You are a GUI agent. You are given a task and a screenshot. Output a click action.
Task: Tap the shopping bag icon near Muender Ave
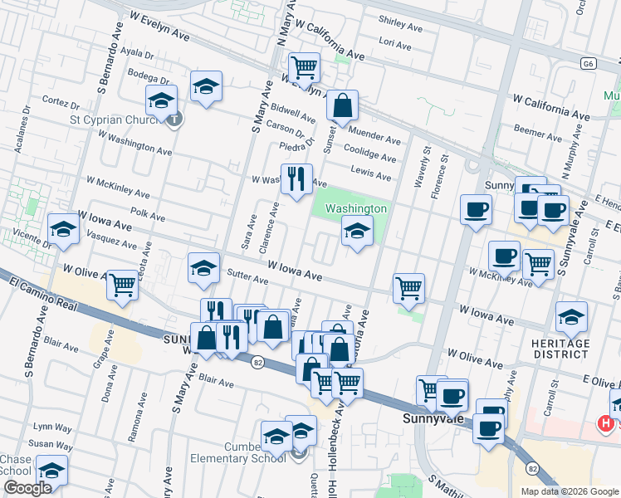[342, 105]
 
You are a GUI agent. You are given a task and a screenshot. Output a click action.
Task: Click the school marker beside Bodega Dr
[206, 86]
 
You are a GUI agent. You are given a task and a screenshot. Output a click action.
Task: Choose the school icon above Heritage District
[571, 317]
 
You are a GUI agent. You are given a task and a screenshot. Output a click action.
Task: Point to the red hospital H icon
[607, 423]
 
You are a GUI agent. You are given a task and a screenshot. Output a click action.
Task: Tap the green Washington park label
[355, 208]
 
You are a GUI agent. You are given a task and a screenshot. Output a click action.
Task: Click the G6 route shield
[589, 63]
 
